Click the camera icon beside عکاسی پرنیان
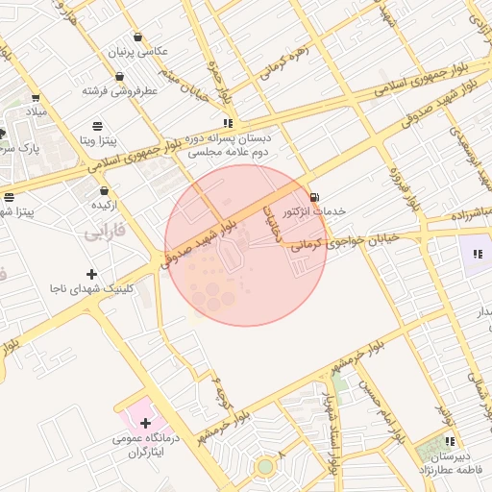click(138, 37)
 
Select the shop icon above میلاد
click(36, 98)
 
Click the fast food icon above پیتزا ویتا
click(97, 126)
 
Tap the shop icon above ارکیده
click(103, 190)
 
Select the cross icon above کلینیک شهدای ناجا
click(91, 275)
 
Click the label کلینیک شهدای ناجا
click(92, 288)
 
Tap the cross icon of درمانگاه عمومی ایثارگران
click(145, 423)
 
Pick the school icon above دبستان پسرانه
click(228, 123)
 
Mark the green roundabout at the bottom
click(264, 467)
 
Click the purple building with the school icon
click(477, 256)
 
